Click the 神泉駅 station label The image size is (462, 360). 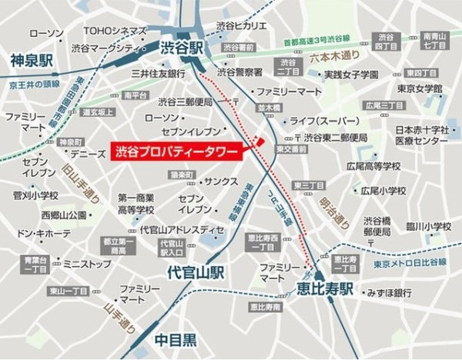tap(31, 60)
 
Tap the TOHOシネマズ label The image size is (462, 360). tap(115, 32)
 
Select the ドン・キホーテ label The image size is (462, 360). tap(43, 232)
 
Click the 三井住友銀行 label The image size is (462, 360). tap(158, 75)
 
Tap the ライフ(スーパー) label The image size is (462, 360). tap(326, 122)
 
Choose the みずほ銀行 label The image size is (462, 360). tap(378, 293)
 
